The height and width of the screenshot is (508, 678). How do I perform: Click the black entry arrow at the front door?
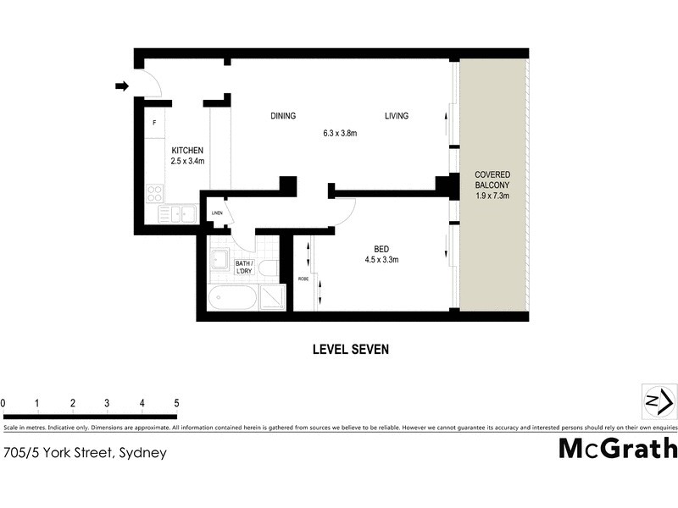[122, 86]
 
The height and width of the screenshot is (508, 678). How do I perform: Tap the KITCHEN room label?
[187, 151]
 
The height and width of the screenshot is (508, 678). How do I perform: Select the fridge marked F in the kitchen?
[154, 124]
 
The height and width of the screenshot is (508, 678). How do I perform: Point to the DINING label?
[283, 116]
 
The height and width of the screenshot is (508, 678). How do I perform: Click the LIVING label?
[396, 116]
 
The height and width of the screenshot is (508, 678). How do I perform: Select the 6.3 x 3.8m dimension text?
[340, 133]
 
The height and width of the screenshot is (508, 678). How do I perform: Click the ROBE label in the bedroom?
[302, 279]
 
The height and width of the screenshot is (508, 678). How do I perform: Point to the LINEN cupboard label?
[217, 213]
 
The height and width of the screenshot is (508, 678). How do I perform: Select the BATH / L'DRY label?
[246, 267]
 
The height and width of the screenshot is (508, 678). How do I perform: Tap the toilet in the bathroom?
[268, 269]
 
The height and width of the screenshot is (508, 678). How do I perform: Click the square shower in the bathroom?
[272, 298]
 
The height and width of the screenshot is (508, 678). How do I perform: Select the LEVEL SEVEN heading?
[351, 348]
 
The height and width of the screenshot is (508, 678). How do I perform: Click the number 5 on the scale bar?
[176, 402]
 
